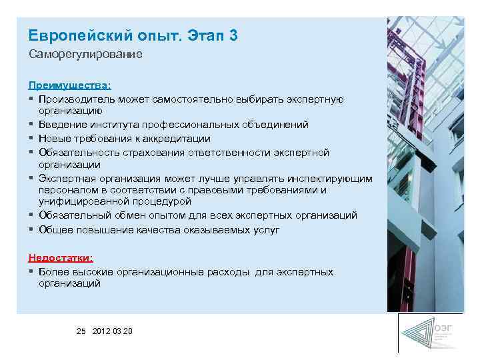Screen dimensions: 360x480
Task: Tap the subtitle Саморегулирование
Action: pos(85,54)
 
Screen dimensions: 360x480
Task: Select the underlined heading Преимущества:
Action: pos(69,85)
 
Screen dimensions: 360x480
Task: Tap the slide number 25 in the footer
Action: pos(81,331)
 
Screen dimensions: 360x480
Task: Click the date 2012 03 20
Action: pos(113,331)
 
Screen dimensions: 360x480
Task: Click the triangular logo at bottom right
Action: pos(418,333)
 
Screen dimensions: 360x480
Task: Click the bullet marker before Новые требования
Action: pos(31,139)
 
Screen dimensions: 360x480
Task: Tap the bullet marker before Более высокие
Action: pos(31,272)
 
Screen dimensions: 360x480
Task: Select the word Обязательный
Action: pos(72,215)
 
